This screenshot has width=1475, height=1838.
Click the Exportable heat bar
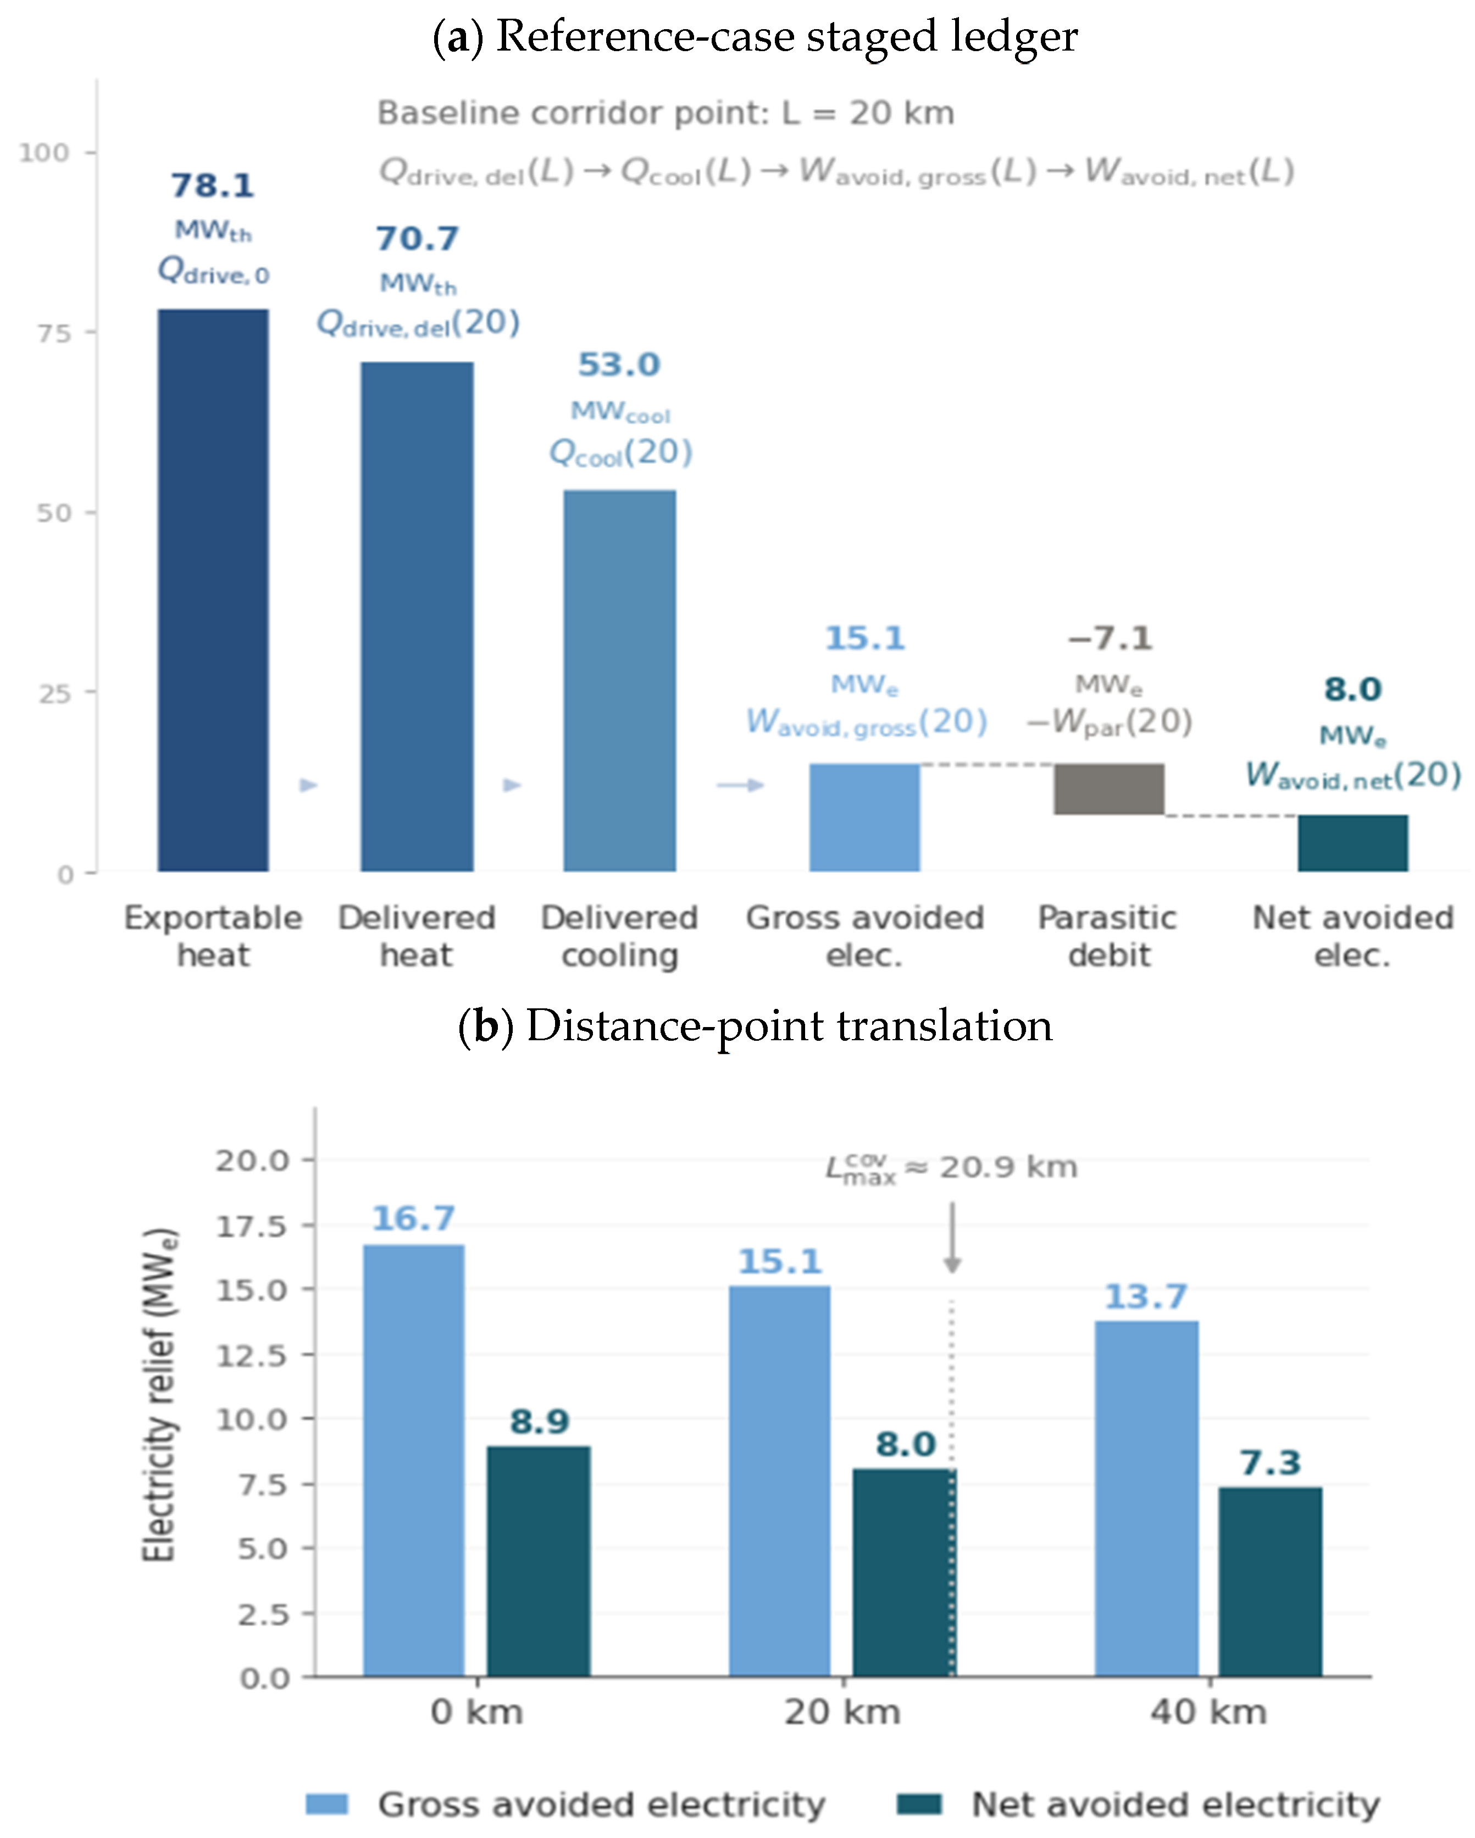213,590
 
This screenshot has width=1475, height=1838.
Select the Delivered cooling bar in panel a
619,680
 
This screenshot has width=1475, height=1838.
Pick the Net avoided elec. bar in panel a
1352,843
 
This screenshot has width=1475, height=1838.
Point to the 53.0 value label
619,365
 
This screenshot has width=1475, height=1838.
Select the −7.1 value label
1110,638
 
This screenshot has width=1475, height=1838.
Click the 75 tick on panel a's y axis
54,333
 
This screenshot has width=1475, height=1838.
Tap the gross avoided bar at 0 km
414,1460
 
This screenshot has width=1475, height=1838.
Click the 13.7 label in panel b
1146,1296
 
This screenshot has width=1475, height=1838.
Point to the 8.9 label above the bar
539,1421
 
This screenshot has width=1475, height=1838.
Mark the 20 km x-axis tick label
842,1712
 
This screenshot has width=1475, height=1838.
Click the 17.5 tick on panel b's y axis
252,1226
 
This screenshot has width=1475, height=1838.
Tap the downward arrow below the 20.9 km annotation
953,1238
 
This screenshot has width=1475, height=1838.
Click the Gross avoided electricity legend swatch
327,1804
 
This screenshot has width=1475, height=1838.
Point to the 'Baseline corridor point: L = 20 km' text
666,113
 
